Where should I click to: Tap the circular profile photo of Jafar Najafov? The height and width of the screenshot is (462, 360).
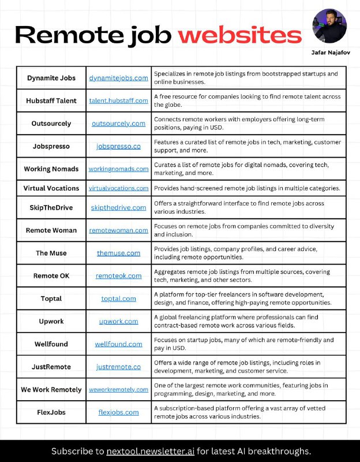[329, 26]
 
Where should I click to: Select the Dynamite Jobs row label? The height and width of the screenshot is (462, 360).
[51, 77]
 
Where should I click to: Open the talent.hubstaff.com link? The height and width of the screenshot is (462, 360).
[118, 100]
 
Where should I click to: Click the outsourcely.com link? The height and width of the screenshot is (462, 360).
[118, 123]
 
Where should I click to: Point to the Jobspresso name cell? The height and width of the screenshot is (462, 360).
[51, 146]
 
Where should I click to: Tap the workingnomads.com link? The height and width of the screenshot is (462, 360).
[118, 169]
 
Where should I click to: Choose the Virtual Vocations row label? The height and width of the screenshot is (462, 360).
[51, 188]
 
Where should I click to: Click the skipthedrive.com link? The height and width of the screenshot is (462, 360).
[118, 207]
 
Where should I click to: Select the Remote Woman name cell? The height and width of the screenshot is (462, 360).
[51, 230]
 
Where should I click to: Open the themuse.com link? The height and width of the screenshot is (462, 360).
[118, 253]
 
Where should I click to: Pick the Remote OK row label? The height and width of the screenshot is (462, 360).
[51, 275]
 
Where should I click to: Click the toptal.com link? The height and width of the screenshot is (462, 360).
[118, 299]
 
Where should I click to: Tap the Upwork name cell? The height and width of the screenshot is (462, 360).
[51, 321]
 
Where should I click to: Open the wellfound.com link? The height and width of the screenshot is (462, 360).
[118, 344]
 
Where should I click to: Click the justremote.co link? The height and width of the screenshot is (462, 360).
[118, 367]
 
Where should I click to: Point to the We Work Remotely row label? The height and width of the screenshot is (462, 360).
[51, 389]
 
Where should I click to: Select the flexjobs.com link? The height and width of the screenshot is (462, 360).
[118, 412]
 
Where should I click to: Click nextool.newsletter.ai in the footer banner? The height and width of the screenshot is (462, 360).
[153, 451]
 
